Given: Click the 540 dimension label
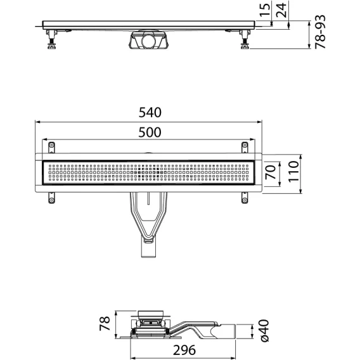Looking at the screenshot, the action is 150,113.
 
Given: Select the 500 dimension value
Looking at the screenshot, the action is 150,132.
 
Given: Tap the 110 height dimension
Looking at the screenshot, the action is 293,172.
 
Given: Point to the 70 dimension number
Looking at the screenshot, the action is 271,172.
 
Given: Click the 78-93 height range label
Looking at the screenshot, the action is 320,32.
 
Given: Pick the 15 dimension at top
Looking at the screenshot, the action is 265,10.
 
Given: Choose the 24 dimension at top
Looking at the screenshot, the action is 281,10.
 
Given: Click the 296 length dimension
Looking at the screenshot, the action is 184,350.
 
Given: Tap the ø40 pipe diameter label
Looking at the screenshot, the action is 264,331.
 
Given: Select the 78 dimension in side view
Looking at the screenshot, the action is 105,323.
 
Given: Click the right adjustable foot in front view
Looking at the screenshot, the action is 245,39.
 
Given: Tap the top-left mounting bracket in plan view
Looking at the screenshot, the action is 51,147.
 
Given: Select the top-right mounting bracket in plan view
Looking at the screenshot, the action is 245,147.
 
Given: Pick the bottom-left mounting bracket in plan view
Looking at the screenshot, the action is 51,198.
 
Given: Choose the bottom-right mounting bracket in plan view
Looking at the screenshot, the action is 245,198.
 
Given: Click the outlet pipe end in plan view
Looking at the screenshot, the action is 148,251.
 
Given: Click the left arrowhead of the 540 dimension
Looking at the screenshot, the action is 37,122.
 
